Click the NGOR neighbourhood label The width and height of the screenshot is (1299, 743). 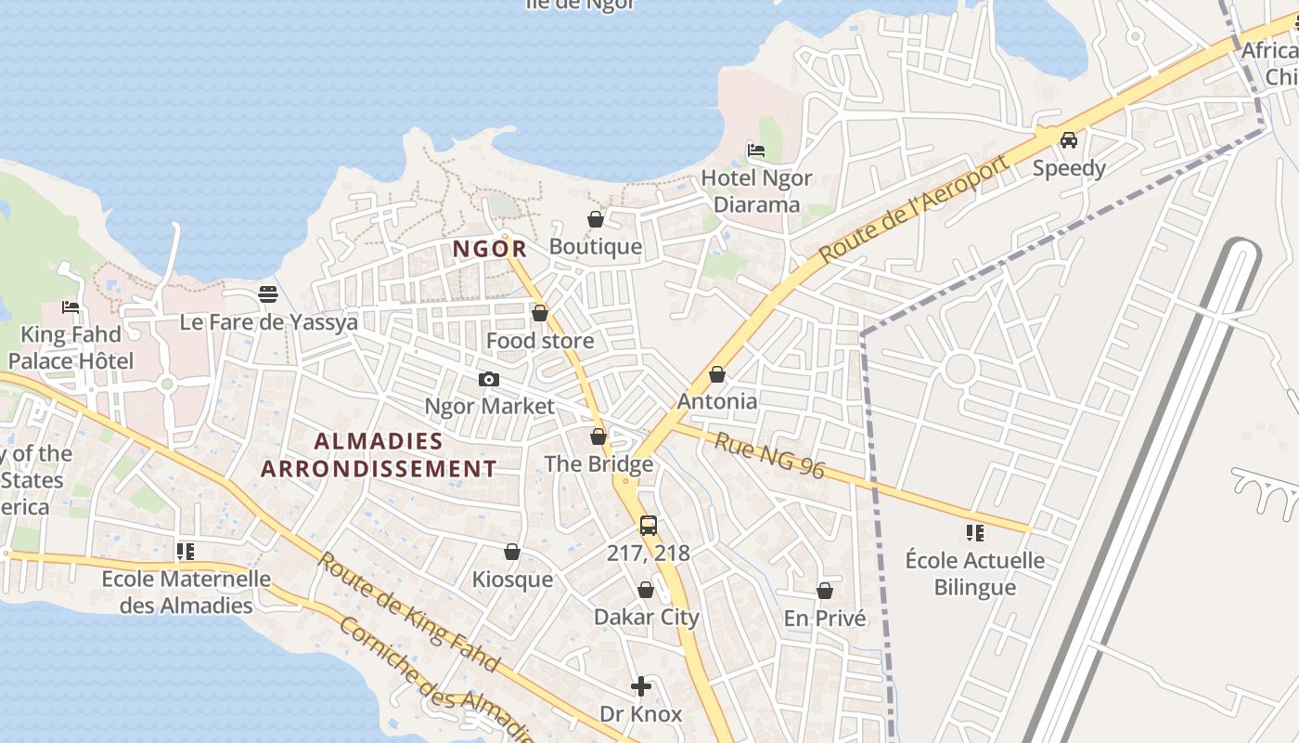490,249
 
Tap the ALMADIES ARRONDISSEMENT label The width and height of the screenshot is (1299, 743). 379,454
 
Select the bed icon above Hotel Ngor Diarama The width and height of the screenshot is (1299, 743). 756,150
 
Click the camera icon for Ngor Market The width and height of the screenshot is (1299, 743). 488,379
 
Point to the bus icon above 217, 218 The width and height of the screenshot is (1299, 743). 648,525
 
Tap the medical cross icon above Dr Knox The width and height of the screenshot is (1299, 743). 640,686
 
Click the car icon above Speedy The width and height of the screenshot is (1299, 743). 1069,140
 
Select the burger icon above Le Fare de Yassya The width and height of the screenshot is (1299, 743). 268,294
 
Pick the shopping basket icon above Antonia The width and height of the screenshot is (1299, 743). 716,374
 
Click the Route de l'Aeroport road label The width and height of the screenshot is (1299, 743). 913,209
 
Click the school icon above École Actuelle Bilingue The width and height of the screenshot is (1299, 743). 974,532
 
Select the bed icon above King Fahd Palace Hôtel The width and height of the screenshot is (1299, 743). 71,306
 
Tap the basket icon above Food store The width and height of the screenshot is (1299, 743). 539,313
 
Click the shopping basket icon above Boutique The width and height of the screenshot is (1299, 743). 596,219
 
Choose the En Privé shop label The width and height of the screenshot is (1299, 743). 824,619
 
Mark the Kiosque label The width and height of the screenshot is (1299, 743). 512,580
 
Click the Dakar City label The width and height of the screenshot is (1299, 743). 646,617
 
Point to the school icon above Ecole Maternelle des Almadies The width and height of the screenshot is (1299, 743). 186,552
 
